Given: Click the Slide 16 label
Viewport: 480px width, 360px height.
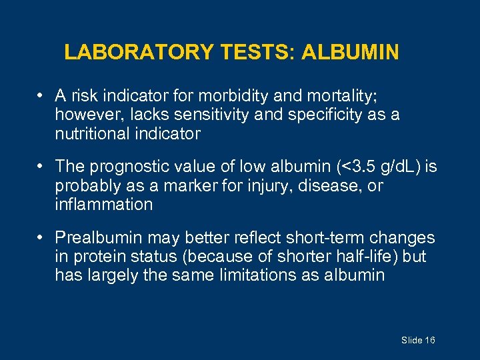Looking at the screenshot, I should pos(418,341).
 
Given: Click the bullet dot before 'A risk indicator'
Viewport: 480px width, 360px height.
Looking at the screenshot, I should pos(42,95).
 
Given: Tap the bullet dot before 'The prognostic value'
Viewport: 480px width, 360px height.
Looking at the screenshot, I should pos(42,166).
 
